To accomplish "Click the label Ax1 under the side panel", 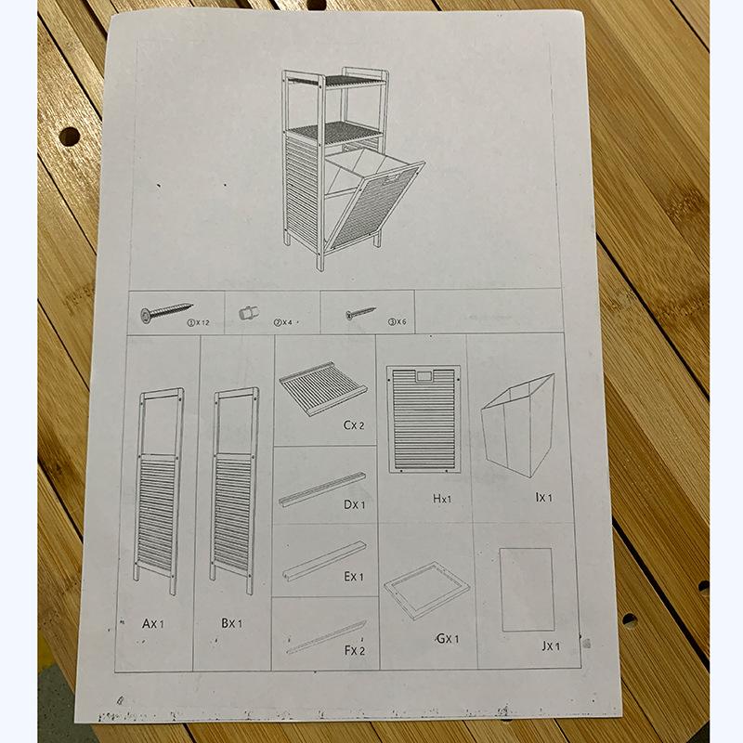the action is coord(152,623).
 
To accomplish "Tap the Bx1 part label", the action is coord(231,623).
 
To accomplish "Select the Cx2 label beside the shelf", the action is coord(354,425).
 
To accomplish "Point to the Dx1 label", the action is coord(355,504).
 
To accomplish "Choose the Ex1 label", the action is coord(354,577).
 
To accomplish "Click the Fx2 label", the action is coord(355,651).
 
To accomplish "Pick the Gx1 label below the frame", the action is coord(448,639).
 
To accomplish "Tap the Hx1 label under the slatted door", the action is coord(442,499).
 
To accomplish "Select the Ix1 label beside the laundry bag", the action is coord(543,497).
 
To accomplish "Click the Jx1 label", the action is coord(551,645).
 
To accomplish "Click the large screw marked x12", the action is coord(166,311).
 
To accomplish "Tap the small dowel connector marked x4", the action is coord(249,312).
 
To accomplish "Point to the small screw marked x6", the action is coord(360,313).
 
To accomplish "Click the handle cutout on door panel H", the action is coord(424,377).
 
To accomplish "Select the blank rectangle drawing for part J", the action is coord(527,590).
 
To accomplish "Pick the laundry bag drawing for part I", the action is coord(518,425).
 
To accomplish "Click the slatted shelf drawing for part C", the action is coord(323,388).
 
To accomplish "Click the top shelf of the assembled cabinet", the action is coord(337,81).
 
